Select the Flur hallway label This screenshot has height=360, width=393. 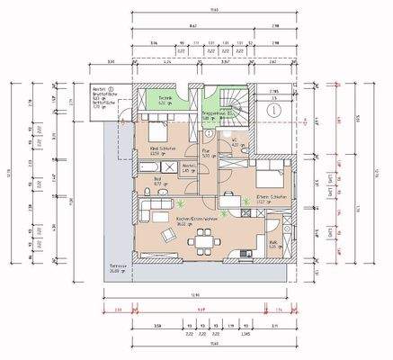205,154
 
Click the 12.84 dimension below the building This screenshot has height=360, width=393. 208,294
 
